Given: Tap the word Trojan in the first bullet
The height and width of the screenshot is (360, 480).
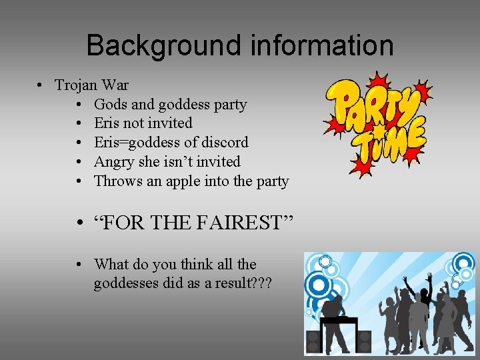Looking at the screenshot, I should click(x=76, y=85).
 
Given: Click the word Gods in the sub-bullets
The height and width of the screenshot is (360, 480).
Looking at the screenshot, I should click(x=111, y=105).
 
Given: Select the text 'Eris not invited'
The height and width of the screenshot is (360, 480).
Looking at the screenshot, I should click(x=143, y=123).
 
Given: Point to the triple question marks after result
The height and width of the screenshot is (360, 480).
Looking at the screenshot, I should click(x=259, y=283).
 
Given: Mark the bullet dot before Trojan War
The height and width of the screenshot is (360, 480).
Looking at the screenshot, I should click(x=41, y=85).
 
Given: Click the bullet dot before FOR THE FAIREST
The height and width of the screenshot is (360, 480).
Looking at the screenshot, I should click(x=79, y=223).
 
